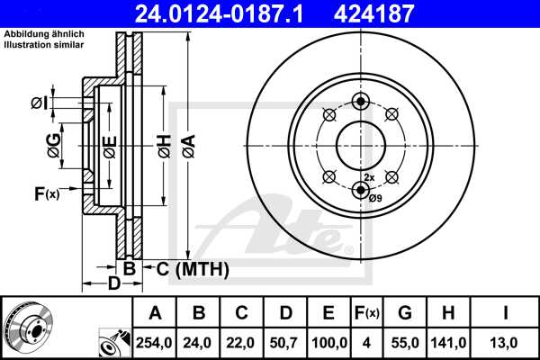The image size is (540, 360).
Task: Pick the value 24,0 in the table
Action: tap(199, 343)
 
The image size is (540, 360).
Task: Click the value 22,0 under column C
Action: tap(242, 343)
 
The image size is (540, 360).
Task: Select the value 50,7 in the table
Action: tap(285, 343)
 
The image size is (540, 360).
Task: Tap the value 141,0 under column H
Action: tap(447, 343)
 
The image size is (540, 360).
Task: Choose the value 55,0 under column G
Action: tap(404, 343)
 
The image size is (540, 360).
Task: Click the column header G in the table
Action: tap(404, 314)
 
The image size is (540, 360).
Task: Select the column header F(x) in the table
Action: tap(365, 314)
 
